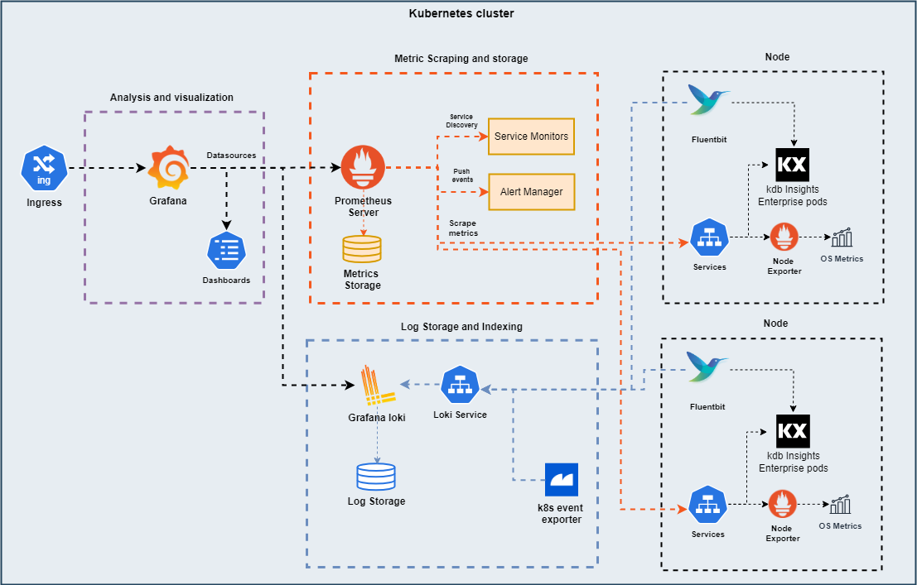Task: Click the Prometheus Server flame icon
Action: pyautogui.click(x=363, y=167)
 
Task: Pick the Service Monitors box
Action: pyautogui.click(x=531, y=136)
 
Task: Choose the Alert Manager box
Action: pyautogui.click(x=531, y=192)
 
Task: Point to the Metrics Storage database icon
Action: pyautogui.click(x=362, y=249)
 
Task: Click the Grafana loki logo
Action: pyautogui.click(x=377, y=386)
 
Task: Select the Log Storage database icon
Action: pyautogui.click(x=376, y=476)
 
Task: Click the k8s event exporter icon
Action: pyautogui.click(x=561, y=480)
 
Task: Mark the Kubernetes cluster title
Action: pyautogui.click(x=461, y=14)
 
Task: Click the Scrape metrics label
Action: pyautogui.click(x=463, y=228)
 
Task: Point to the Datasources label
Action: pyautogui.click(x=231, y=155)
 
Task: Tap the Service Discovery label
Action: pyautogui.click(x=463, y=121)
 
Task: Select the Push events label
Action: pyautogui.click(x=462, y=175)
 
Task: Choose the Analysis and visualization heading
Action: pyautogui.click(x=171, y=98)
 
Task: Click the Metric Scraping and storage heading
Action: pyautogui.click(x=461, y=59)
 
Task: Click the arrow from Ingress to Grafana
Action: pyautogui.click(x=106, y=169)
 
